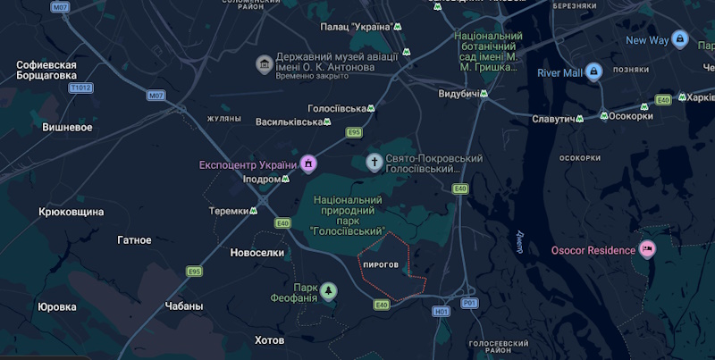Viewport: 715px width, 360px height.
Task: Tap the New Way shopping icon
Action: pyautogui.click(x=680, y=40)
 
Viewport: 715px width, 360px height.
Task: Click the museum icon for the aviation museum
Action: pyautogui.click(x=264, y=64)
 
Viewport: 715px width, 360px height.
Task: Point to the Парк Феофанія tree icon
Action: pyautogui.click(x=330, y=291)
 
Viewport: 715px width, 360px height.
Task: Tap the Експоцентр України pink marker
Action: pyautogui.click(x=308, y=164)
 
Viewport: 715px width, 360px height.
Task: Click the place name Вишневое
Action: pyautogui.click(x=68, y=127)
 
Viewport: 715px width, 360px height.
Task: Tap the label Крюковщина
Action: pyautogui.click(x=71, y=212)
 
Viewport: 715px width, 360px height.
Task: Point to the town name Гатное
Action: pyautogui.click(x=134, y=239)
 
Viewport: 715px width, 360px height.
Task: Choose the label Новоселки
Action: pyautogui.click(x=257, y=253)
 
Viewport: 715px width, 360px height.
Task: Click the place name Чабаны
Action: pyautogui.click(x=184, y=306)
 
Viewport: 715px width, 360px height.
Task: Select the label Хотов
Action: pyautogui.click(x=269, y=340)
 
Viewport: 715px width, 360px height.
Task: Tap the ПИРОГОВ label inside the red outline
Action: pyautogui.click(x=381, y=265)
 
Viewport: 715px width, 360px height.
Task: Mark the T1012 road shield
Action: pyautogui.click(x=81, y=88)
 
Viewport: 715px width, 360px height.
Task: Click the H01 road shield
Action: pyautogui.click(x=440, y=312)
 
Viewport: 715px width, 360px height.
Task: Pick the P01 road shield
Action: pyautogui.click(x=470, y=304)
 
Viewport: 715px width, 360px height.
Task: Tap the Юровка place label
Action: pyautogui.click(x=57, y=306)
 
